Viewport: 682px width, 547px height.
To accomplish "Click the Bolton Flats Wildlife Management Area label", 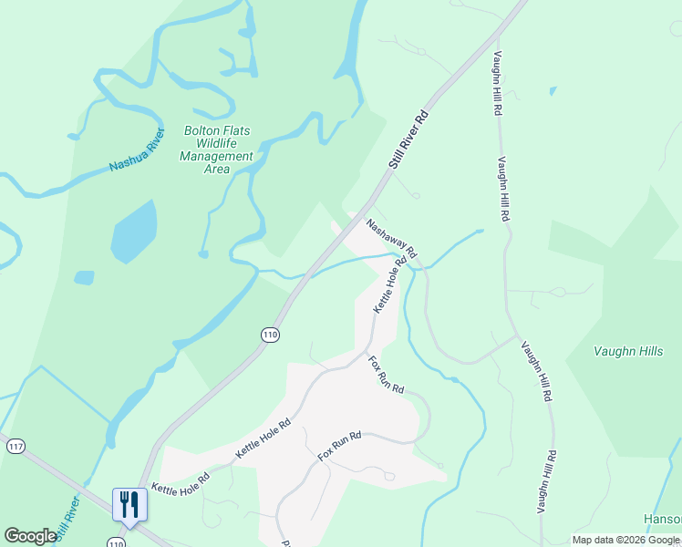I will click(x=217, y=150).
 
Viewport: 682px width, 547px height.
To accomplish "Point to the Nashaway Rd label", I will click(x=392, y=237).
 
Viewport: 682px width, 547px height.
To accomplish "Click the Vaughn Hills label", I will click(x=628, y=351).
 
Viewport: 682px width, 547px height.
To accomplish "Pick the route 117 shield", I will click(x=15, y=446).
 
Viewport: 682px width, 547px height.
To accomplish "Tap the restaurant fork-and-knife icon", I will click(x=129, y=504).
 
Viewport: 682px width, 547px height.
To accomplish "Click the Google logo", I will click(x=30, y=536).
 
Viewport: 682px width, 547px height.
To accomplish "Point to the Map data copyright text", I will click(x=625, y=540).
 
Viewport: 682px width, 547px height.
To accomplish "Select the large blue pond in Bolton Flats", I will click(x=133, y=232).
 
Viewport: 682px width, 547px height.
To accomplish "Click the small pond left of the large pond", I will click(x=84, y=277).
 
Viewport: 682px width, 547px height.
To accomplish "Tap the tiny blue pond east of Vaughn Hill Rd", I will click(x=553, y=91).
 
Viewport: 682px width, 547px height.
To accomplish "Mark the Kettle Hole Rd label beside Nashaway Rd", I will click(x=388, y=285).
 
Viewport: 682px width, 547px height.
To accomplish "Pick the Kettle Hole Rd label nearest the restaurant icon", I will click(x=181, y=483).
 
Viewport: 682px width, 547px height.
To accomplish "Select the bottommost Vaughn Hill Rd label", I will click(x=549, y=483).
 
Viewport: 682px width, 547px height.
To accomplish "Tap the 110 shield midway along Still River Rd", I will click(x=269, y=335).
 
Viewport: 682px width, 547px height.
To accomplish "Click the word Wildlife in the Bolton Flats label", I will click(x=217, y=143).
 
